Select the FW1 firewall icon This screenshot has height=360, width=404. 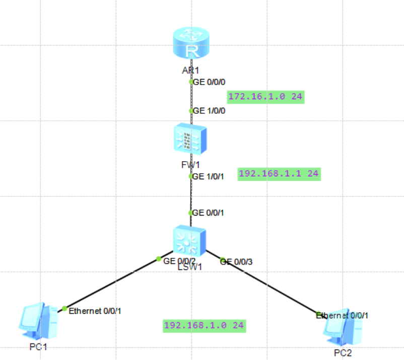pyautogui.click(x=190, y=138)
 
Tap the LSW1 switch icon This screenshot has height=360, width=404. pyautogui.click(x=189, y=240)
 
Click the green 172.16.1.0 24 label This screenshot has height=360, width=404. pyautogui.click(x=266, y=96)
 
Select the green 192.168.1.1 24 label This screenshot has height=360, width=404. pyautogui.click(x=279, y=173)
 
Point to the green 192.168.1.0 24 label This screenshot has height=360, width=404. pyautogui.click(x=204, y=325)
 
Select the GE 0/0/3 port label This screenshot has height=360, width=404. pyautogui.click(x=237, y=261)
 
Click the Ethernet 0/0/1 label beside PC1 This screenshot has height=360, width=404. pyautogui.click(x=95, y=311)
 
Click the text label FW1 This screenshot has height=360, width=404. pyautogui.click(x=190, y=165)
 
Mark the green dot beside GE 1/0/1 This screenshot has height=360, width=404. pyautogui.click(x=191, y=176)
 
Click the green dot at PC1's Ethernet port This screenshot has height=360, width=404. pyautogui.click(x=64, y=308)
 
